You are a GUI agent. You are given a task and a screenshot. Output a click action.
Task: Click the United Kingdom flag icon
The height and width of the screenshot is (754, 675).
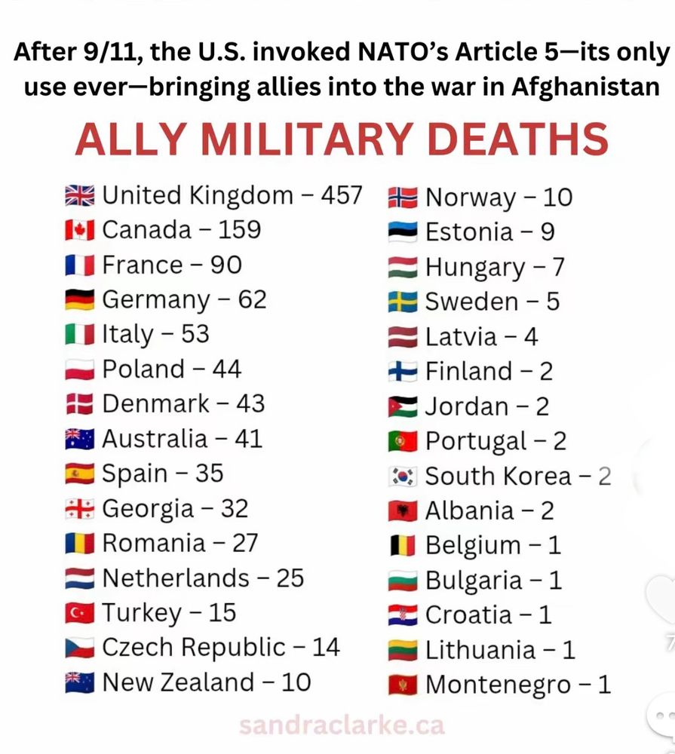click(x=80, y=196)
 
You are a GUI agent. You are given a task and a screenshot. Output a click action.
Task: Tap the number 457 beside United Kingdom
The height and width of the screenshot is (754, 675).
click(x=342, y=195)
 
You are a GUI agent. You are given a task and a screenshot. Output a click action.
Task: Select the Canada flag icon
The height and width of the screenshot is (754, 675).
click(x=80, y=230)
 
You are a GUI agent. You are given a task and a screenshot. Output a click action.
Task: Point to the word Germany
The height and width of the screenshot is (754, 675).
click(x=156, y=300)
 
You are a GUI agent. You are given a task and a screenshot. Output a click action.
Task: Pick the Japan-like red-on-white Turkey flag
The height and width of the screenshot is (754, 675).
click(x=80, y=613)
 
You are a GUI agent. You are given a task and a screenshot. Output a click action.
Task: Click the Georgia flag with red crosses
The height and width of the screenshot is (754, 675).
click(x=80, y=509)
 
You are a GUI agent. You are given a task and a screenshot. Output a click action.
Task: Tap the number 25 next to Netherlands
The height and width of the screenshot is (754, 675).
click(x=290, y=578)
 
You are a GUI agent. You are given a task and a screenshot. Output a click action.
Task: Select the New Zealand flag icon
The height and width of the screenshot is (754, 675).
click(x=80, y=682)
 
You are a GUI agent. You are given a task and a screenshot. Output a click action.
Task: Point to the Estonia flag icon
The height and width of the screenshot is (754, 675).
click(x=403, y=232)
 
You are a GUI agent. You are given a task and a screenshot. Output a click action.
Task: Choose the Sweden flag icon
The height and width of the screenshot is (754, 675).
click(x=403, y=302)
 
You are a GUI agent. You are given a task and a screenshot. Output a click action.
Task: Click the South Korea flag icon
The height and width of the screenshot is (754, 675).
click(x=403, y=477)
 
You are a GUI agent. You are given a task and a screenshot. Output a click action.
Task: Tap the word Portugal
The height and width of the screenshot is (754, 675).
click(x=476, y=441)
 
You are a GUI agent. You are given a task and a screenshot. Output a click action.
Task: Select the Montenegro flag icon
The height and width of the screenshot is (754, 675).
click(x=403, y=685)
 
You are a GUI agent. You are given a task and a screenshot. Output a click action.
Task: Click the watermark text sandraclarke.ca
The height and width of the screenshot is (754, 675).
click(x=342, y=725)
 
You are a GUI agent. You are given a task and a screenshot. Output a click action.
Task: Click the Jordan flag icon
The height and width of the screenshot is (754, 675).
click(x=403, y=406)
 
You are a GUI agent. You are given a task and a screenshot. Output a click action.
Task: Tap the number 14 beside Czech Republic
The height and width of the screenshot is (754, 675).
click(x=325, y=648)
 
